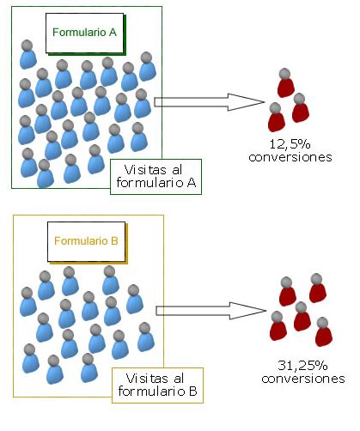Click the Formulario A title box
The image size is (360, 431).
pyautogui.click(x=85, y=33)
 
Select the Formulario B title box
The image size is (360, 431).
pyautogui.click(x=87, y=242)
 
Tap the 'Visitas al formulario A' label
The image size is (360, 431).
pyautogui.click(x=156, y=177)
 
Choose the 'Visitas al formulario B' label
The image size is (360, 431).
pyautogui.click(x=157, y=385)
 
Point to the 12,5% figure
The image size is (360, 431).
pyautogui.click(x=290, y=144)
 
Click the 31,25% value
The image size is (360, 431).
pyautogui.click(x=302, y=366)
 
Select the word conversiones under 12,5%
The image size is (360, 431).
pyautogui.click(x=290, y=157)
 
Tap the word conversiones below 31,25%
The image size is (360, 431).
pyautogui.click(x=303, y=379)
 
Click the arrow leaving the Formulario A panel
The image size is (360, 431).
pyautogui.click(x=209, y=102)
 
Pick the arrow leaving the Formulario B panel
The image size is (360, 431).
pyautogui.click(x=211, y=311)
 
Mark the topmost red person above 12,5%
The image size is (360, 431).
pyautogui.click(x=285, y=82)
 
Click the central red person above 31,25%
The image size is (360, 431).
pyautogui.click(x=302, y=316)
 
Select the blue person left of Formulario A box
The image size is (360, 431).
pyautogui.click(x=27, y=54)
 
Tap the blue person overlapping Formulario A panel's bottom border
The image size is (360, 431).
pyautogui.click(x=46, y=173)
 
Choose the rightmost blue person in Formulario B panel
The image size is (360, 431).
pyautogui.click(x=145, y=337)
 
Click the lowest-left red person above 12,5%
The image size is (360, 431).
pyautogui.click(x=277, y=118)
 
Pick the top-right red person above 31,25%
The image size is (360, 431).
pyautogui.click(x=317, y=288)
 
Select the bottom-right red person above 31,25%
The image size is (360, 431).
pyautogui.click(x=324, y=331)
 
